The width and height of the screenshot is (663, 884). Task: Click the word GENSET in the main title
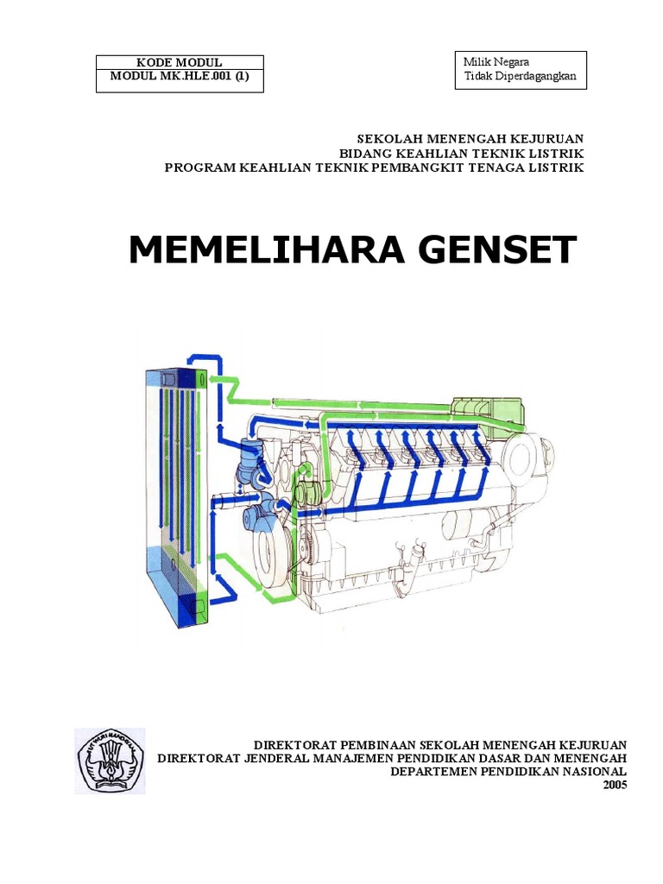point(489,250)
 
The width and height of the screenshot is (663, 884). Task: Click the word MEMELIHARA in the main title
point(255,250)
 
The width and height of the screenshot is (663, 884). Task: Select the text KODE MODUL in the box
point(180,63)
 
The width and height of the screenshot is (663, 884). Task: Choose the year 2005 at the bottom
point(615,785)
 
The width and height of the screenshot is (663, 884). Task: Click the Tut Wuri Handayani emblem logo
point(110,760)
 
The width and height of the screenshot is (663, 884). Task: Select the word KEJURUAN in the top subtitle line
point(548,138)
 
